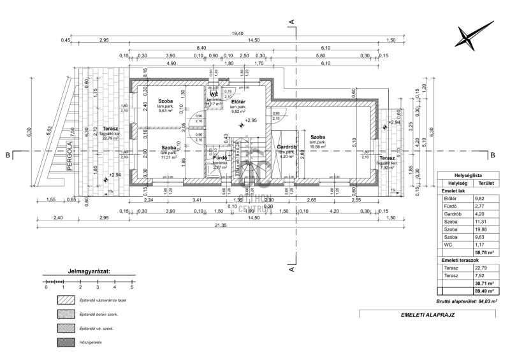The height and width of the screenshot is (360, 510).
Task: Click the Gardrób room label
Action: (285, 147)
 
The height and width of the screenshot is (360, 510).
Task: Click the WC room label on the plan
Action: (214, 94)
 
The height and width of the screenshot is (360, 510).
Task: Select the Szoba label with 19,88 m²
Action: (317, 137)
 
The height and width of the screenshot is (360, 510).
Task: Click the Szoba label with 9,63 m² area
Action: (166, 101)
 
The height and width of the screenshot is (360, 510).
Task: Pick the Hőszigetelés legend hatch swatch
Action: (66, 342)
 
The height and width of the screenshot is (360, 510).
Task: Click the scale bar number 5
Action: (131, 288)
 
